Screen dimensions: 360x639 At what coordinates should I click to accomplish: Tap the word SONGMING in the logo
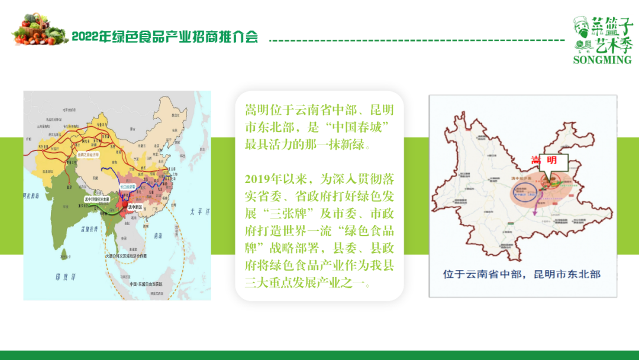pos(602,60)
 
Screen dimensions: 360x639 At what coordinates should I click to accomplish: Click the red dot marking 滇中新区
pos(127,204)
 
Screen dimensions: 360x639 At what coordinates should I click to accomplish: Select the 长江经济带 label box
pos(128,186)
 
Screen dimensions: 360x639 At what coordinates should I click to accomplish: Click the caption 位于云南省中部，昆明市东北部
pos(522,274)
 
